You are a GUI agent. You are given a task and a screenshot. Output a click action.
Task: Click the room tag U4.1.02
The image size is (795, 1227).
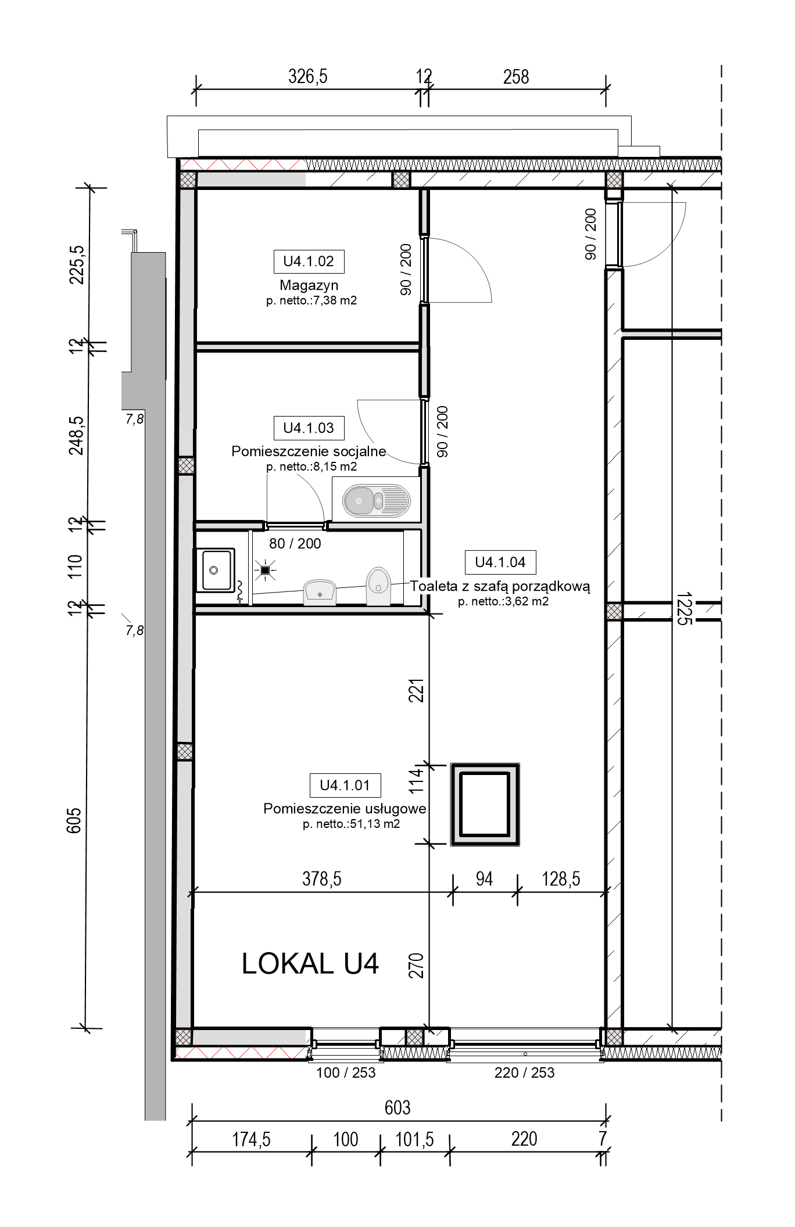click(309, 261)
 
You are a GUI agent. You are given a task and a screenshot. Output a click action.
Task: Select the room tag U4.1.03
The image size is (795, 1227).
click(309, 428)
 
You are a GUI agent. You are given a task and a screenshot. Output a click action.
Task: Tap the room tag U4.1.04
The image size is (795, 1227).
click(500, 562)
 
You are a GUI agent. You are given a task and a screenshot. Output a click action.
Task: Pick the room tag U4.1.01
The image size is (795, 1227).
click(345, 785)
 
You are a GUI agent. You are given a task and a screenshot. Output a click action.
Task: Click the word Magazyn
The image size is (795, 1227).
click(309, 285)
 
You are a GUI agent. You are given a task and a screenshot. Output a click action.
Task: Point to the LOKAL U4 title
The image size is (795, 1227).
click(310, 964)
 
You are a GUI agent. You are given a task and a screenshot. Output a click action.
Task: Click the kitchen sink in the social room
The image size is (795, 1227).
click(376, 500)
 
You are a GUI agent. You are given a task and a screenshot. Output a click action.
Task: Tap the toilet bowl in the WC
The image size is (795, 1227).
click(378, 586)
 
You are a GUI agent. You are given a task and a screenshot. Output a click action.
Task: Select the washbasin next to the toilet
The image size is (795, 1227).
click(320, 591)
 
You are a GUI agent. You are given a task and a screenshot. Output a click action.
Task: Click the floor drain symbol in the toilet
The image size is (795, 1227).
click(266, 571)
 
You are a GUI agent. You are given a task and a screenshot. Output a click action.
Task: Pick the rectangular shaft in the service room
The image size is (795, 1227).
click(485, 805)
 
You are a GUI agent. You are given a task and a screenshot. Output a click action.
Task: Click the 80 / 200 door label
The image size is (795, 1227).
click(295, 544)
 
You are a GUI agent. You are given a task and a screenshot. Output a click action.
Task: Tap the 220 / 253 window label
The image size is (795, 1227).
click(525, 1073)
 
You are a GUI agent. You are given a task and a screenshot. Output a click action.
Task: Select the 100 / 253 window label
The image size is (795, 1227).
click(346, 1073)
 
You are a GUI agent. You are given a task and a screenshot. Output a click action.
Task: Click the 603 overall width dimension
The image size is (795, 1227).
click(397, 1108)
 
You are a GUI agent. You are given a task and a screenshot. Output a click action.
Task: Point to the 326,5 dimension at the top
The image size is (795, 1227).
click(308, 77)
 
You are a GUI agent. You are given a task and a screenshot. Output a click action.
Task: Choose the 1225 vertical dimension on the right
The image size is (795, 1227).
click(684, 608)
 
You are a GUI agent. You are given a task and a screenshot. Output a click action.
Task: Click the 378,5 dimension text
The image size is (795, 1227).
click(322, 879)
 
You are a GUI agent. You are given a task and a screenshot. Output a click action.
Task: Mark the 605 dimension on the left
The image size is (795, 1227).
click(74, 821)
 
